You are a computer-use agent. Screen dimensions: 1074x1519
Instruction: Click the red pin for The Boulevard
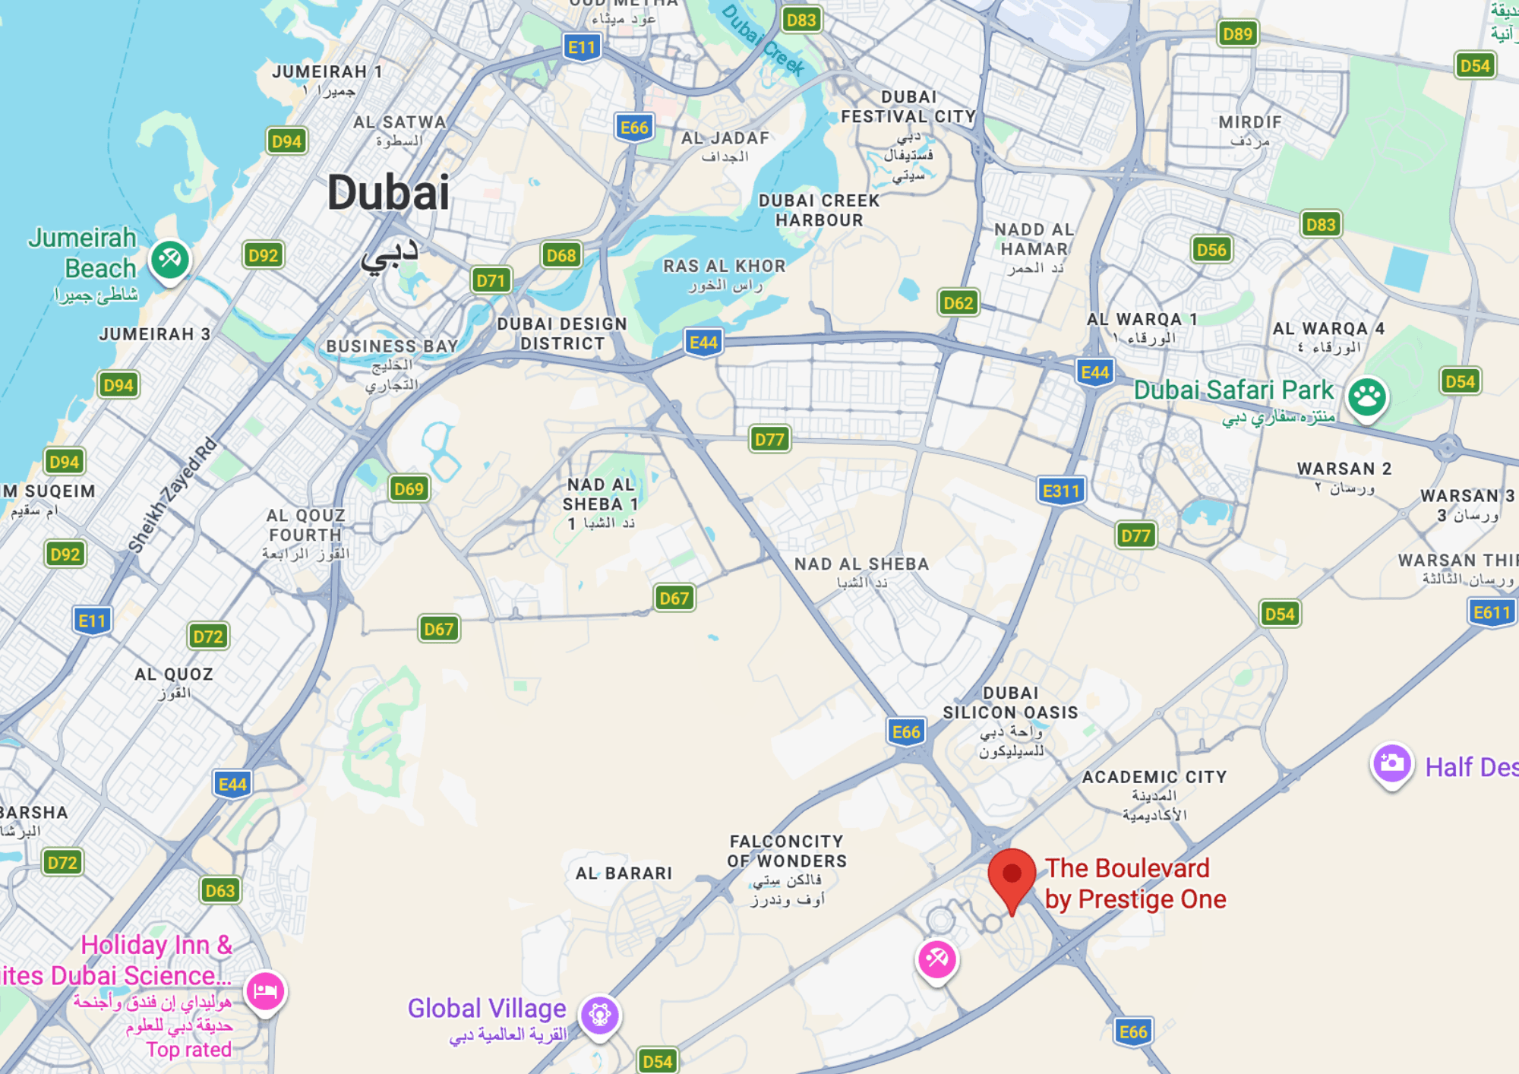(x=1012, y=876)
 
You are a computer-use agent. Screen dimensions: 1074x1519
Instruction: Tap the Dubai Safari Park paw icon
(x=1367, y=396)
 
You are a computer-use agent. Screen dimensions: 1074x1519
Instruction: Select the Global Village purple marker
(x=600, y=1015)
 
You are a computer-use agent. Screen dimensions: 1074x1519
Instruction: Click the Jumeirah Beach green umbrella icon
(x=169, y=260)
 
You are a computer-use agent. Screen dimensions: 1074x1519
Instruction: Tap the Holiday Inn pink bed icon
(x=265, y=990)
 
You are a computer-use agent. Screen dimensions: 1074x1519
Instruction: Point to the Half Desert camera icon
(x=1391, y=763)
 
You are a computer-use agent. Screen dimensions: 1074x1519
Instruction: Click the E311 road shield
(x=1060, y=491)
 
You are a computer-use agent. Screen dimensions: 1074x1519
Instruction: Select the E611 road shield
(x=1492, y=612)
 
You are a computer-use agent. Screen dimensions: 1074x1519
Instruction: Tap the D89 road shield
(x=1237, y=33)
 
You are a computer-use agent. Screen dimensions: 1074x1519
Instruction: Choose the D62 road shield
(x=958, y=303)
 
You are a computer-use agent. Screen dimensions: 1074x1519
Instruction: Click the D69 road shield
(x=409, y=488)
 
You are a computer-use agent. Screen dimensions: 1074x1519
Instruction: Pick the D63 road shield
(x=220, y=890)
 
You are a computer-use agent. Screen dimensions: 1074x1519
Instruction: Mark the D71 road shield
(x=491, y=280)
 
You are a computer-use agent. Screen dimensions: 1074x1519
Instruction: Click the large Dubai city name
(x=388, y=193)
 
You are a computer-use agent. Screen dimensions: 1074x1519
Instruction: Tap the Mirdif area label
(x=1250, y=123)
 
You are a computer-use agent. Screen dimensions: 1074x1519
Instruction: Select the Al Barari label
(x=624, y=873)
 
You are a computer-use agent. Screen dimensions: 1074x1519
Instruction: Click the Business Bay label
(x=392, y=346)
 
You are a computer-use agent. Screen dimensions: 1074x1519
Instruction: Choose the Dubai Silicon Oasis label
(x=1010, y=703)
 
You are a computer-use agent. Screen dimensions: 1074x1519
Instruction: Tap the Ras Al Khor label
(x=724, y=267)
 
